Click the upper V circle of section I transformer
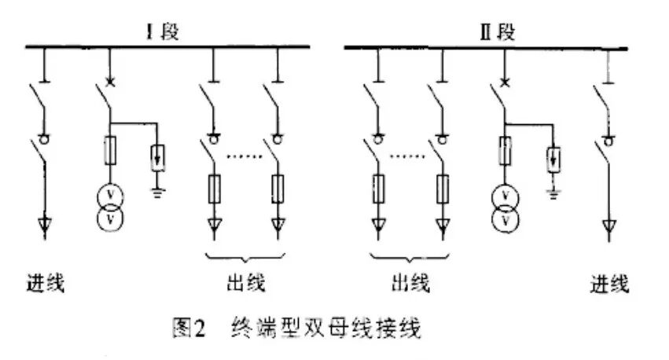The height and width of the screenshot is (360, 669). [110, 193]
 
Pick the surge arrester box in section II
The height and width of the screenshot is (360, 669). [553, 160]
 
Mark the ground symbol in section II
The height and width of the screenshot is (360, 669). [553, 191]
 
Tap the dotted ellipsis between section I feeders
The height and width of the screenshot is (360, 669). [245, 157]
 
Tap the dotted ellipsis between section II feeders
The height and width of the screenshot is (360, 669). [407, 157]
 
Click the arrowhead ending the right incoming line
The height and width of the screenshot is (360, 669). [606, 227]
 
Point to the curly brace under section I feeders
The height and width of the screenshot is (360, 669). [245, 258]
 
